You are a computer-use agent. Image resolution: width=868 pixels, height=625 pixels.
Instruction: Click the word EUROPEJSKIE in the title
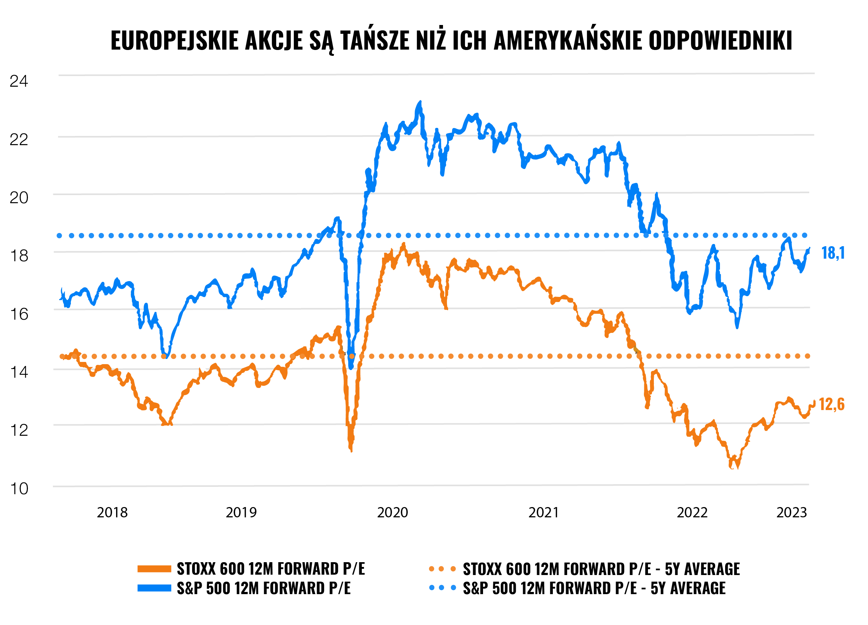(174, 40)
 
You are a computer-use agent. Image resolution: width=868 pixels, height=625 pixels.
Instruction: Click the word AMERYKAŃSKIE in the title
(568, 40)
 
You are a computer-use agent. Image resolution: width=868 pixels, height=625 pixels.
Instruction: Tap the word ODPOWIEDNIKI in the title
(720, 40)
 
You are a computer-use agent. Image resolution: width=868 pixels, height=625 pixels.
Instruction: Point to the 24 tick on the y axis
(19, 82)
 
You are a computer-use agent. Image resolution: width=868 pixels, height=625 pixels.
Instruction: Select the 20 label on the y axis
(19, 198)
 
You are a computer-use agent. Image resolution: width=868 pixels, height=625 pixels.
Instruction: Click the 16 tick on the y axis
(19, 314)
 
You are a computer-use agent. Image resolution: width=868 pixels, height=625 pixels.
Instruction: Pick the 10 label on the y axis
(19, 489)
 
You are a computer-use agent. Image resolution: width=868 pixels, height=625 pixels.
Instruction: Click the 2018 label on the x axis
(112, 513)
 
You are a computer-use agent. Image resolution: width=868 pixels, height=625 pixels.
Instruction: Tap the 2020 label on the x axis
(392, 513)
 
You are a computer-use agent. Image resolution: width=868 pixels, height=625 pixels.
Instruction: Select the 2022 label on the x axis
(692, 513)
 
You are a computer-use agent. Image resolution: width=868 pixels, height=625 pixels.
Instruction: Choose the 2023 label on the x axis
(792, 513)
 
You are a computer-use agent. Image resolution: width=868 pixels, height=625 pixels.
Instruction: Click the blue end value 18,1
(833, 253)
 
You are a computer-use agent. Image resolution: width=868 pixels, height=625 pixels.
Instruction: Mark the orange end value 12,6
(831, 405)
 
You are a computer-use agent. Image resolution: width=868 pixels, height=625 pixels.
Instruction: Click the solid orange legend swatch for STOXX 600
(154, 569)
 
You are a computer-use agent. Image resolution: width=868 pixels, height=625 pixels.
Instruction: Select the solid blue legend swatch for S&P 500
(154, 588)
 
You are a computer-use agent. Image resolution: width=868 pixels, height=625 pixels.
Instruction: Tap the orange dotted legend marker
(442, 569)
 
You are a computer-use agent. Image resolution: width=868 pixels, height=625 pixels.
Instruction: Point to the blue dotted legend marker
(442, 588)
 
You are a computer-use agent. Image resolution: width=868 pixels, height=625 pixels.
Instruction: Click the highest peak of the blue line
(420, 103)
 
